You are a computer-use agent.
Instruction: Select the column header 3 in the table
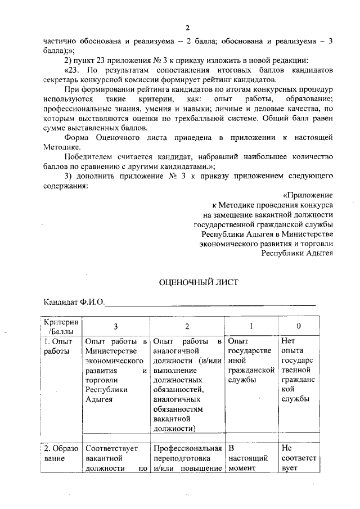point(116,327)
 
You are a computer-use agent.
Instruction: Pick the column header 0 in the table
point(299,326)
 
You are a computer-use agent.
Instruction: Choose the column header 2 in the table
point(187,327)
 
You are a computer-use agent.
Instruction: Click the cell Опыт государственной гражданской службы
point(251,361)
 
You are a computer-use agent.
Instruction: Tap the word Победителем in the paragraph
point(88,156)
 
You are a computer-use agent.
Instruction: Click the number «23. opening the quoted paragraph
point(73,70)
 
